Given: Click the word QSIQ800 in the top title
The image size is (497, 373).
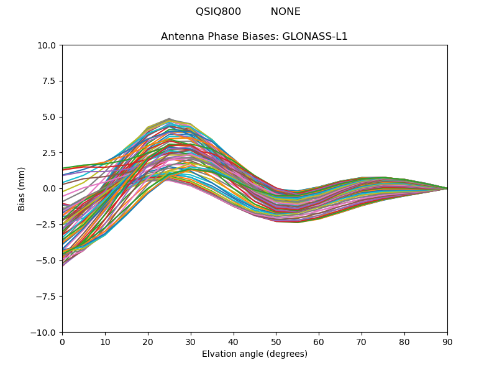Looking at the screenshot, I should [218, 12].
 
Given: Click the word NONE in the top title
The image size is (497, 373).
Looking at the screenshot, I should [285, 12].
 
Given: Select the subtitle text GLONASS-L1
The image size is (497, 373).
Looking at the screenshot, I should [315, 37].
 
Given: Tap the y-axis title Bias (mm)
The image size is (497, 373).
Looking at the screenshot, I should [22, 188].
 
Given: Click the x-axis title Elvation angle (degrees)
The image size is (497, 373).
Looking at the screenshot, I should [255, 354].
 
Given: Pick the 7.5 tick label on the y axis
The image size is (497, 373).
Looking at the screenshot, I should [49, 81].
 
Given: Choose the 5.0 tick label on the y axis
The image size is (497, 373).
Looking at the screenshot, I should [49, 117].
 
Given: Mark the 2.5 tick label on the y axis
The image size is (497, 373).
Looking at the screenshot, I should [49, 153].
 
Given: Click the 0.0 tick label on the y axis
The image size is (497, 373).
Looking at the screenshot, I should [49, 188].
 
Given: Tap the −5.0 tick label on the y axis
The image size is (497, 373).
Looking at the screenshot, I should [47, 260].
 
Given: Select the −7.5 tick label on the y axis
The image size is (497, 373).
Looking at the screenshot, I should [47, 297].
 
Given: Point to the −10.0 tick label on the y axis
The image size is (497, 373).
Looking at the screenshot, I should [44, 333].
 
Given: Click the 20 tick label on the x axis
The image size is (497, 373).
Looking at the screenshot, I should [148, 342].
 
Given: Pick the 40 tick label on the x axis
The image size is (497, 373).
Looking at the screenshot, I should [234, 342].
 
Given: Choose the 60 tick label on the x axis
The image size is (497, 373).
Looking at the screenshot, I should [319, 342].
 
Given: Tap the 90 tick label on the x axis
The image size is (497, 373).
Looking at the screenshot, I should [447, 342].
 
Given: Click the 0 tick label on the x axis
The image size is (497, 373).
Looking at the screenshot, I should [62, 342].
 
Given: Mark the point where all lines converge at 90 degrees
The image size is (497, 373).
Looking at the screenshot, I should [447, 188].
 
